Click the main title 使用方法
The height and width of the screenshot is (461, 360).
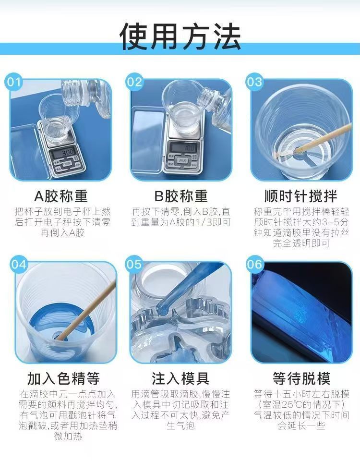180,36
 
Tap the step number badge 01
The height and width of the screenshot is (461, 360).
14,82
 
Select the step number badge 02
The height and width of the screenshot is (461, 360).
134,82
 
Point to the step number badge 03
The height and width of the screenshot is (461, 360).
254,82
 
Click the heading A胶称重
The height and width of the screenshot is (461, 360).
61,196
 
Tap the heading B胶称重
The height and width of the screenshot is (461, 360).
181,196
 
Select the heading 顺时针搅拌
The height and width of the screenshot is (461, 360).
301,196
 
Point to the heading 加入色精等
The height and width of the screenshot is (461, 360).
63,378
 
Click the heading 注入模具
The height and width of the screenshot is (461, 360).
180,378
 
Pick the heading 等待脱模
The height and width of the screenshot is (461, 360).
301,378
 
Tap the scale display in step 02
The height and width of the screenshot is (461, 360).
184,147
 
